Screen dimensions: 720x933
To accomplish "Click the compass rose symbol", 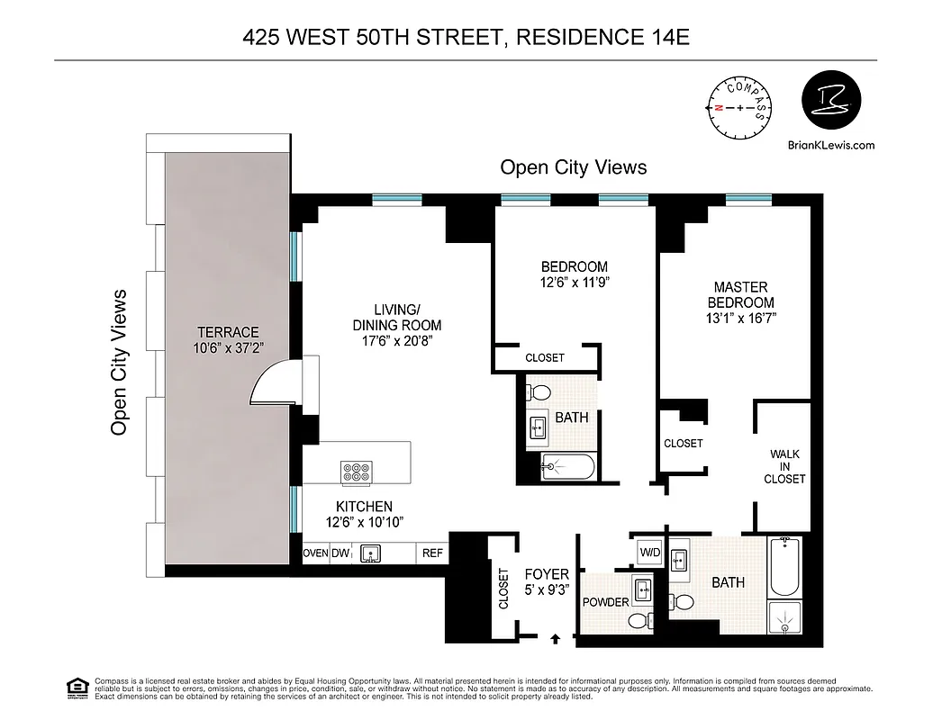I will pos(740,107).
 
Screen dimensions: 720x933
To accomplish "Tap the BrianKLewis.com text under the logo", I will pos(830,144).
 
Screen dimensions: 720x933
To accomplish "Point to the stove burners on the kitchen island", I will pos(357,472).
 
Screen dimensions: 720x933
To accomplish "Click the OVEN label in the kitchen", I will pos(315,553).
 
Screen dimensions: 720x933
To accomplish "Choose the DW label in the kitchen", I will pos(340,553).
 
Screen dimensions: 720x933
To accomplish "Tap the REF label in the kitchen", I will pos(432,553).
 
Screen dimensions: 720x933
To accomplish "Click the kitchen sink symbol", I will pos(370,553).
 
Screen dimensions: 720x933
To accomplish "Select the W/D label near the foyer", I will pos(648,551).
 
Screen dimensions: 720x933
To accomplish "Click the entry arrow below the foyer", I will pos(554,639).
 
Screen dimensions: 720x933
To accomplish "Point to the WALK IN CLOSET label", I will pos(784,467).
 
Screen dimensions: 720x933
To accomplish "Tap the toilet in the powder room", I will pos(639,620).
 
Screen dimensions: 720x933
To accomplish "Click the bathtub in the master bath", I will pos(784,567).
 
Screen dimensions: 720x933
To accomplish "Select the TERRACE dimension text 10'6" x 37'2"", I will pos(230,348).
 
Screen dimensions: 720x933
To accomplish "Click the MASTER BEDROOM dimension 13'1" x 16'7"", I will pos(740,318).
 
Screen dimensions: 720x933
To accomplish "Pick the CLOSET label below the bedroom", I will pos(544,357).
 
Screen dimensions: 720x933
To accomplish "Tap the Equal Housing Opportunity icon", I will pos(77,688).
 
